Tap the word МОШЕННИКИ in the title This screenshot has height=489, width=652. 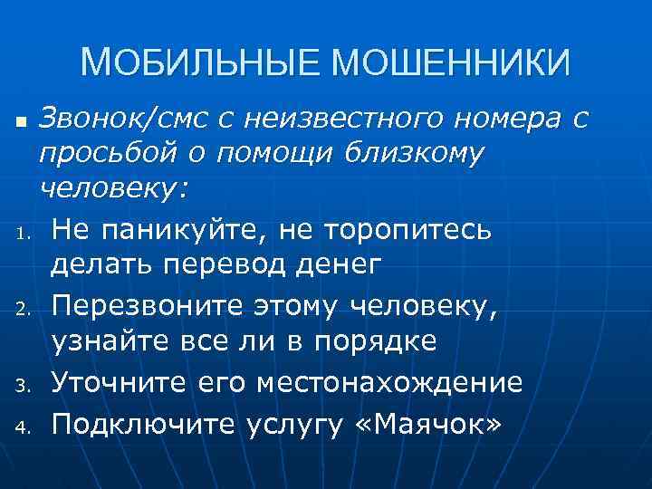pyautogui.click(x=453, y=63)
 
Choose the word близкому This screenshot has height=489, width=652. pyautogui.click(x=417, y=154)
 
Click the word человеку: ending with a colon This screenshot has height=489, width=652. pyautogui.click(x=114, y=190)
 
